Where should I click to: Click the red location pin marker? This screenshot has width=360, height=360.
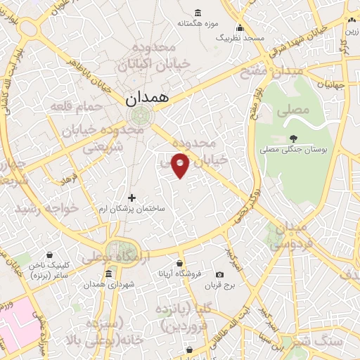(x=181, y=165)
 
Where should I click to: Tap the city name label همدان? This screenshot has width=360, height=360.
(x=148, y=99)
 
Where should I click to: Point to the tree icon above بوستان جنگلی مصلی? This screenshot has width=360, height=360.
(x=293, y=139)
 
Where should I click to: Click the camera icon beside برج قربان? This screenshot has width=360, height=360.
(x=220, y=274)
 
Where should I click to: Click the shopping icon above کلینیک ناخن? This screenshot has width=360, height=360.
(x=49, y=255)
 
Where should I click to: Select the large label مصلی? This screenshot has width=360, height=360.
(x=292, y=110)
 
